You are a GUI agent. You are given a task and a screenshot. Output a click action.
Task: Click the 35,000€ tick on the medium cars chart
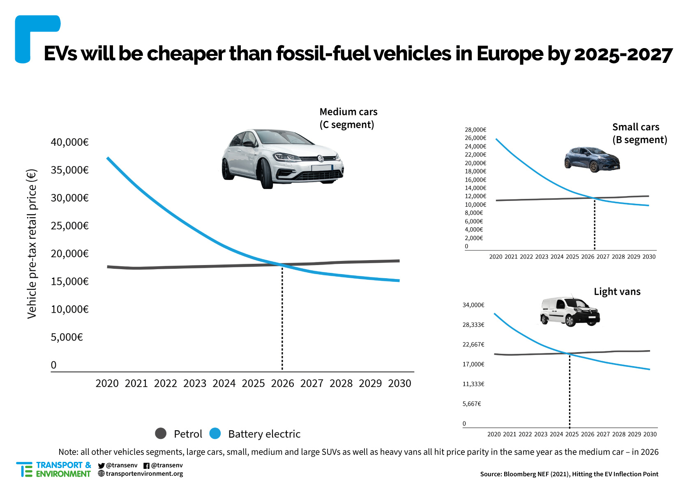(69, 170)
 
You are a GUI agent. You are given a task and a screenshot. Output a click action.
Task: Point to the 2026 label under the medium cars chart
(282, 383)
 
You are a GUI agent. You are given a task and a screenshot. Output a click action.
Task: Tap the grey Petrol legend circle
(161, 434)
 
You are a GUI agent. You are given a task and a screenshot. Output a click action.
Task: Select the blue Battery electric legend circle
(215, 434)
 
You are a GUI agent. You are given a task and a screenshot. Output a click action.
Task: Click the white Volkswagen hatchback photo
(282, 159)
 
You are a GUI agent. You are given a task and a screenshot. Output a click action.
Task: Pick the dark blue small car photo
(592, 159)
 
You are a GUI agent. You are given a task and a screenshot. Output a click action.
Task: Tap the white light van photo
(570, 311)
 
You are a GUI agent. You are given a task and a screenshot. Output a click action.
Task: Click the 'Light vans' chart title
(617, 292)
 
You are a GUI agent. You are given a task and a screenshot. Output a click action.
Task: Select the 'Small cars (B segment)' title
(639, 134)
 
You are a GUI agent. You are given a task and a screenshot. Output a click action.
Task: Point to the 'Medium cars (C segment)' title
(348, 118)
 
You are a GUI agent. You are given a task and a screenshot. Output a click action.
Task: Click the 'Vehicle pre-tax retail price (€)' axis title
(32, 244)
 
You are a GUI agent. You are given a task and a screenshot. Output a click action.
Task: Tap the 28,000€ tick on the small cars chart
(475, 130)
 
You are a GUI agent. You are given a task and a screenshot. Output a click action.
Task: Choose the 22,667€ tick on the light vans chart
(473, 344)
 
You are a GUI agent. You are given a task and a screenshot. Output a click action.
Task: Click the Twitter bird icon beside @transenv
(101, 466)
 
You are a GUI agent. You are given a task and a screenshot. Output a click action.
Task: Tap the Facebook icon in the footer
(146, 466)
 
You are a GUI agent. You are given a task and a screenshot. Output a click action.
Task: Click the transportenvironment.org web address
(144, 474)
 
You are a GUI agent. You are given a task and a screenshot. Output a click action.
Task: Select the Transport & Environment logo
(53, 469)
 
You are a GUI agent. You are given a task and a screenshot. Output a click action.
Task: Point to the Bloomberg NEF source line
(569, 474)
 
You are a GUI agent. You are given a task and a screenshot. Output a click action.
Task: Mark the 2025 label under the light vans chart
(572, 434)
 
